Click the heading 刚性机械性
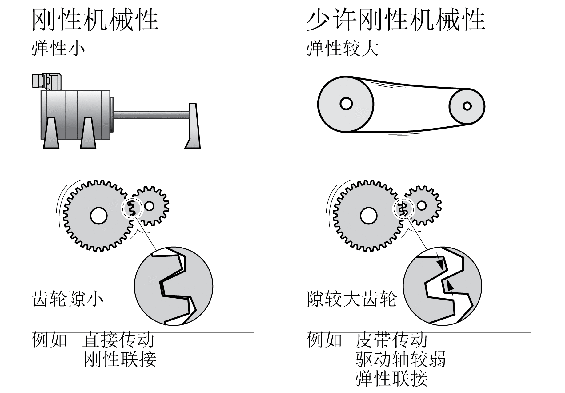coord(95,20)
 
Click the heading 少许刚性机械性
coord(396,20)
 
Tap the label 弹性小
coord(58,49)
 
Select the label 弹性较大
coord(342,49)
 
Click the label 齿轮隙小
coord(67,299)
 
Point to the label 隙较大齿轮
coord(351,299)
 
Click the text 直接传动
coord(118,340)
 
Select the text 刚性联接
coord(120,359)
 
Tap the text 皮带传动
coord(391,340)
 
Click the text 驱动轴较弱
coord(400,359)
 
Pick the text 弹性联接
coord(391,378)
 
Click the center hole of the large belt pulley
coord(346,104)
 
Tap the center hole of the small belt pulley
coord(467,106)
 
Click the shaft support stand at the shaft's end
coord(193,126)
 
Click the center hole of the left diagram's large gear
coord(98,215)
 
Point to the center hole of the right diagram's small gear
coord(421,205)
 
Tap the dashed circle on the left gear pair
coord(132,208)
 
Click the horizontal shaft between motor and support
coord(151,115)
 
